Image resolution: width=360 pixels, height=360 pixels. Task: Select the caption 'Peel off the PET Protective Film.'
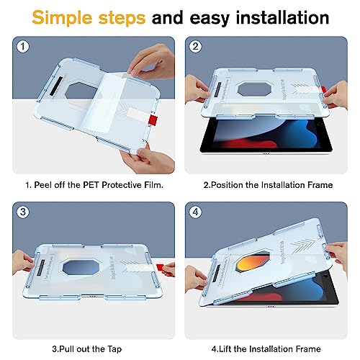pos(94,185)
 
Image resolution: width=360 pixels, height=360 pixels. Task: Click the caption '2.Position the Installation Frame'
pos(268,185)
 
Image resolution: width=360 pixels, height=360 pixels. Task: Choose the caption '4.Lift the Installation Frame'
pos(268,351)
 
